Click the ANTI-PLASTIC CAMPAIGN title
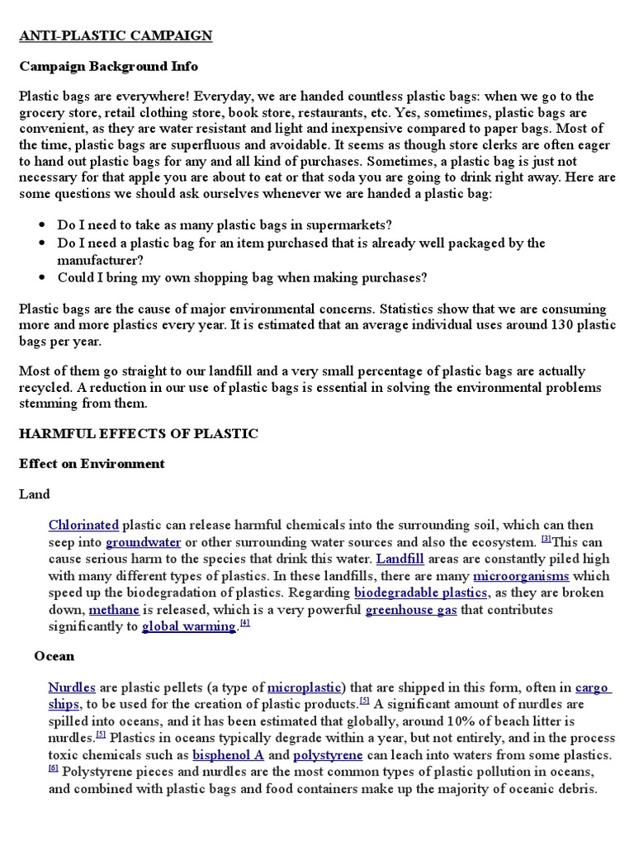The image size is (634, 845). coord(116,35)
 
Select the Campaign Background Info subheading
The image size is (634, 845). coord(108,66)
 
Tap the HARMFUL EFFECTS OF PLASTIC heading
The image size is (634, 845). coord(139,433)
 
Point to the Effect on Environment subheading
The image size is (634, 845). coord(92,464)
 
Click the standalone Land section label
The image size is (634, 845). coord(35,494)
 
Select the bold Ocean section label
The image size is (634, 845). coord(54,656)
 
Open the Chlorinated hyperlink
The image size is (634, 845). coord(83,525)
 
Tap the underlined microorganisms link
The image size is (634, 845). coord(521,575)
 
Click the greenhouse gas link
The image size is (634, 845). coord(411,609)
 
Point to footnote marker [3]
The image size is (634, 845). coord(546,539)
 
